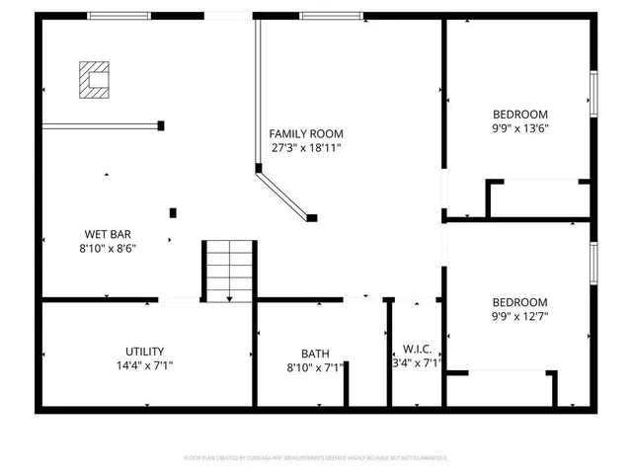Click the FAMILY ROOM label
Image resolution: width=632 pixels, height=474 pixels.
(306, 133)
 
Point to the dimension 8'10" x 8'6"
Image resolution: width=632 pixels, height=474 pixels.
(109, 249)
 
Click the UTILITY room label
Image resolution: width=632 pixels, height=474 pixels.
(144, 352)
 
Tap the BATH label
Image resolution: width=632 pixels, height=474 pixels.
(315, 354)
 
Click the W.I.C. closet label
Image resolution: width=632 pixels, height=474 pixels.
(417, 349)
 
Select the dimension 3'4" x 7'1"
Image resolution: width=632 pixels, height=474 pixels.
(417, 364)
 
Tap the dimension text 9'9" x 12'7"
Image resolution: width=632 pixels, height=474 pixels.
(519, 317)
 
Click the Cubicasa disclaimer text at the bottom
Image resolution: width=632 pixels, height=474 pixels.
(316, 458)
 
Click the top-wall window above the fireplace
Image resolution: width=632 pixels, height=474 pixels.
(118, 16)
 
